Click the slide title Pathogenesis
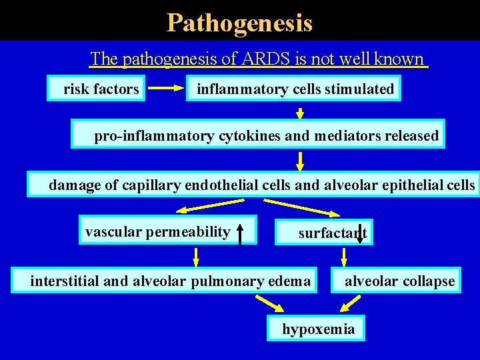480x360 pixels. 239,23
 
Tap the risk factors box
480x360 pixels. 97,89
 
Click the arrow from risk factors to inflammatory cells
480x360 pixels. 165,87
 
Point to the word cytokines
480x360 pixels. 249,136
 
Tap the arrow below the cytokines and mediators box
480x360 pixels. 301,161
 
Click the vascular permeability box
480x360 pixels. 158,232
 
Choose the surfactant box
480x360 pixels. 325,233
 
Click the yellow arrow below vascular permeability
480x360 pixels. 196,256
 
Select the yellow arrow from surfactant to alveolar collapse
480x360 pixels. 345,257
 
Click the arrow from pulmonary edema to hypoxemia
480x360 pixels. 274,304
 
